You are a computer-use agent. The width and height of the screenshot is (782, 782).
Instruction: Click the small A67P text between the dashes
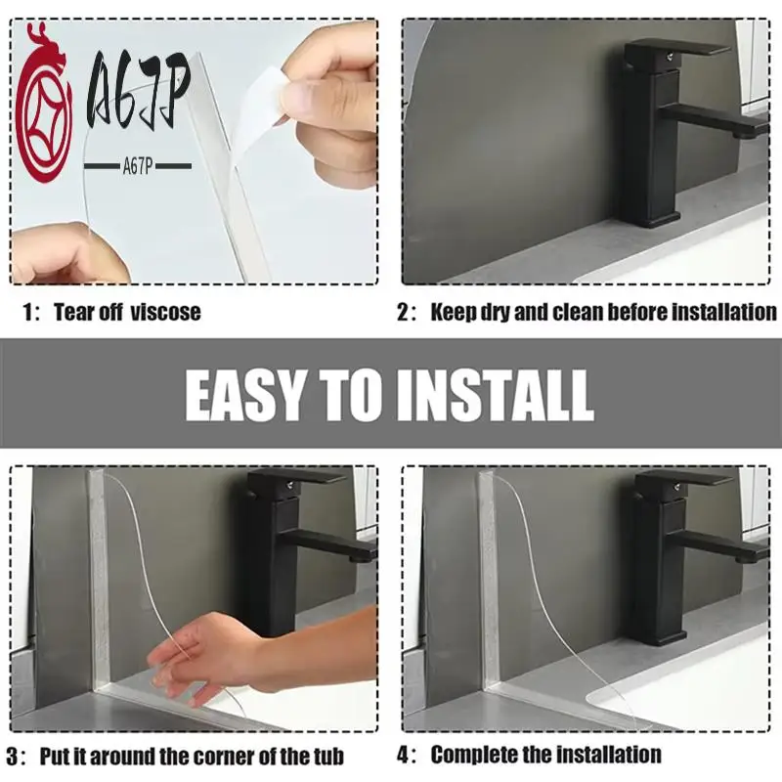coord(137,167)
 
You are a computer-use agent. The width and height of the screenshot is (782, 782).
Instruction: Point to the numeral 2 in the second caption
coord(403,312)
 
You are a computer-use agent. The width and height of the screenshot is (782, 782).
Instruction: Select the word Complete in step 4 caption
coord(478,755)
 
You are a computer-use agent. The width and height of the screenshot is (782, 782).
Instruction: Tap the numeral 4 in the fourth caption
coord(403,755)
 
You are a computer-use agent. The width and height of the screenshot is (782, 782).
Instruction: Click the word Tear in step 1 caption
coord(74,312)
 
